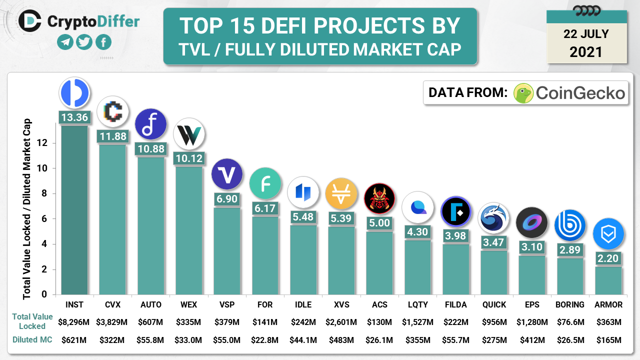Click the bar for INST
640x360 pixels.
coord(74,210)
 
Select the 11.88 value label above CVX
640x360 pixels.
coord(112,136)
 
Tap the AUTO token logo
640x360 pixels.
coord(150,124)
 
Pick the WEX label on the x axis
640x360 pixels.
coord(188,304)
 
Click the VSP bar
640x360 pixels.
coord(226,250)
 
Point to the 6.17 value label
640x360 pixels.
coord(265,208)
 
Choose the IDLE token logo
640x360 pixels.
coord(303,192)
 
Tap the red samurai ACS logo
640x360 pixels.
coord(379,198)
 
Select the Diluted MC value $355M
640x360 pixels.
coord(417,340)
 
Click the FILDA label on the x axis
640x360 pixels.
coord(455,304)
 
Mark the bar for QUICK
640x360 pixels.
coord(494,272)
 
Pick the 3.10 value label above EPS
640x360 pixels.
coord(532,246)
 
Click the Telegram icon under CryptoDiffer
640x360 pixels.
coord(65,42)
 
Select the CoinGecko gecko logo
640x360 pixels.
coord(523,93)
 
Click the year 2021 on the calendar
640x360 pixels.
coord(586,51)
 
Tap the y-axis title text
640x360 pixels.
coord(27,208)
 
